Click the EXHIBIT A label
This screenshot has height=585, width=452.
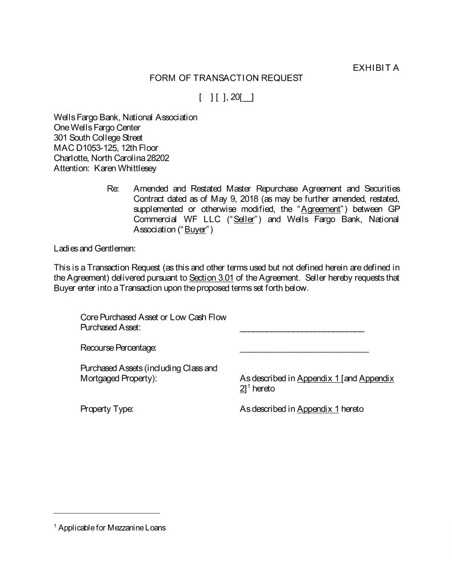pyautogui.click(x=375, y=68)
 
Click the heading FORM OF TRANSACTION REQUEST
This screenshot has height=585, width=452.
pyautogui.click(x=226, y=78)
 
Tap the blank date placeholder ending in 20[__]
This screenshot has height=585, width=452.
pyautogui.click(x=226, y=98)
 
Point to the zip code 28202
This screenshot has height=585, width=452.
pyautogui.click(x=157, y=158)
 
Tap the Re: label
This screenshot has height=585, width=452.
pyautogui.click(x=113, y=189)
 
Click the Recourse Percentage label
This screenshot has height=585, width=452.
pyautogui.click(x=118, y=347)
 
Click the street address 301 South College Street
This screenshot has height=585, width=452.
pyautogui.click(x=98, y=137)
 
